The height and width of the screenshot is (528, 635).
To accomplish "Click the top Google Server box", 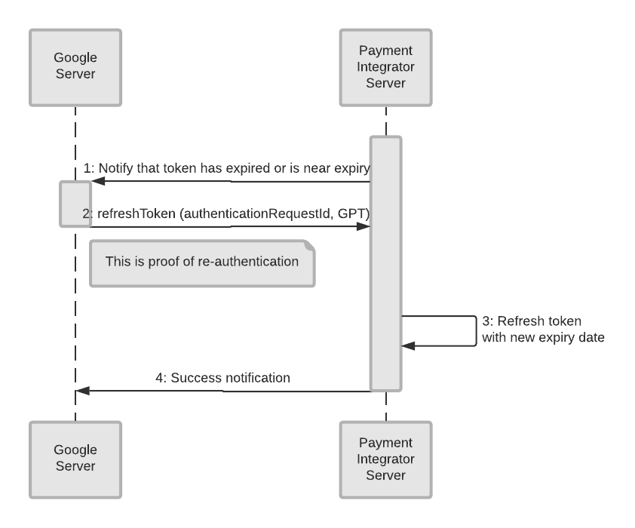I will point(75,68).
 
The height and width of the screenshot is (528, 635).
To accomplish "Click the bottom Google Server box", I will point(75,459).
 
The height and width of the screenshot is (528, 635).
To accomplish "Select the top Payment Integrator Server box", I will point(385,68).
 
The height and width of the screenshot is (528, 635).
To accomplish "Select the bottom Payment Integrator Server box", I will point(385,459).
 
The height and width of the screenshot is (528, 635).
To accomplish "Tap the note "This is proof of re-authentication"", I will point(201,263).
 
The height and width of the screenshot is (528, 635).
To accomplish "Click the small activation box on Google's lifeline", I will point(75,204).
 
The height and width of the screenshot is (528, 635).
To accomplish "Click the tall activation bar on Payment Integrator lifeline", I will point(385,264).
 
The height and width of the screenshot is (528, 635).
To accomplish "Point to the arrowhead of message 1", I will point(97,181).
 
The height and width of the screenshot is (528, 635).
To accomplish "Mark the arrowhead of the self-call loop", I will point(406,345).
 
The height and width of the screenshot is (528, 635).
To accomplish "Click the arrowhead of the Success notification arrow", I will point(82,391).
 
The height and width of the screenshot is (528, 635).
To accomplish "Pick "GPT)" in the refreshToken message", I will point(354,213).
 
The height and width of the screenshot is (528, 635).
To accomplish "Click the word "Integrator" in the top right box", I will point(385,68).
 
